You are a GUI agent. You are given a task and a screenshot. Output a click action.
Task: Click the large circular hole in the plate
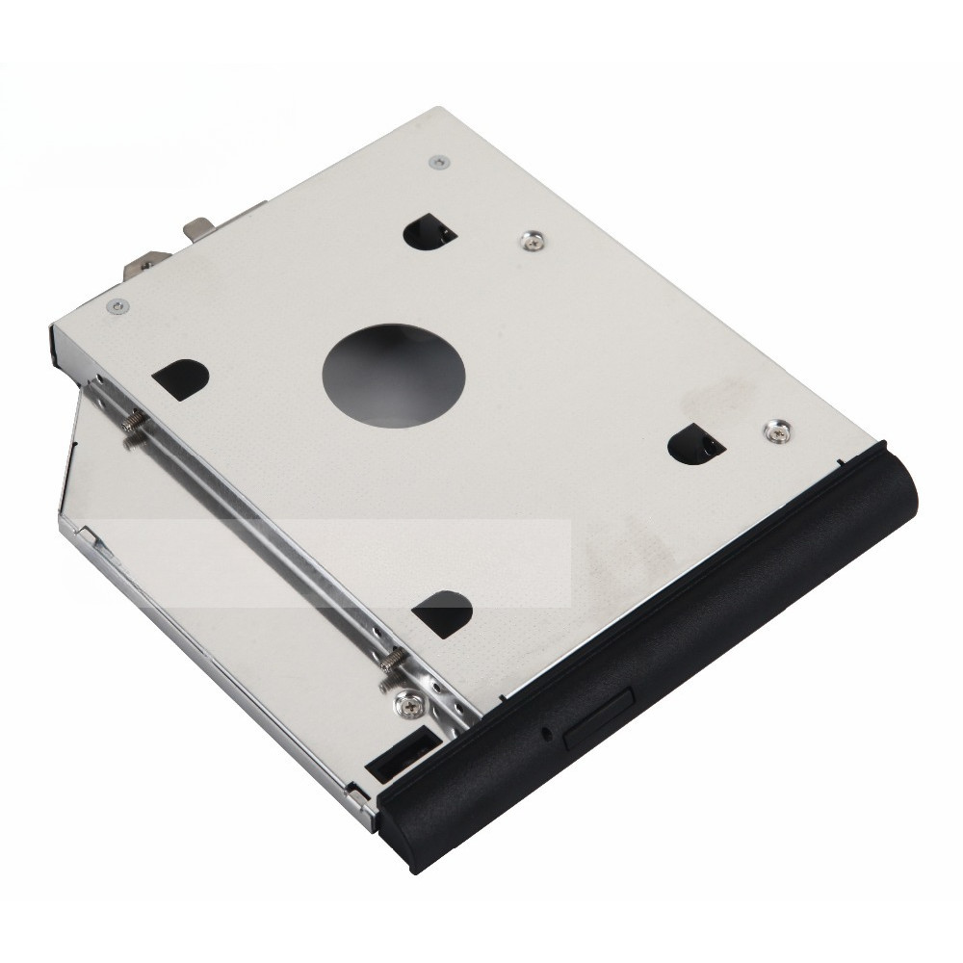pos(395,370)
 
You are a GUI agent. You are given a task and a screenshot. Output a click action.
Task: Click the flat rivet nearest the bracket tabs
pos(117,306)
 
